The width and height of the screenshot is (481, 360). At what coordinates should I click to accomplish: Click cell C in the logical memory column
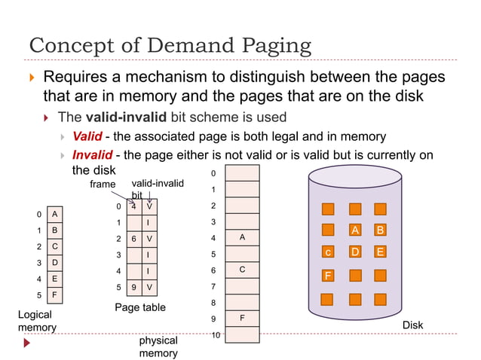[54, 246]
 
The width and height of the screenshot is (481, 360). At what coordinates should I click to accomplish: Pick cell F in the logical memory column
[54, 294]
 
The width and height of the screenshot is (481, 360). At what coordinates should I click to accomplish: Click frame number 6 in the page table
[133, 239]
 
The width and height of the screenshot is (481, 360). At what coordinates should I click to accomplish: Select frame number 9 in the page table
[133, 287]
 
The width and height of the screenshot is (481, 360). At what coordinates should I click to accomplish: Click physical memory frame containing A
[242, 237]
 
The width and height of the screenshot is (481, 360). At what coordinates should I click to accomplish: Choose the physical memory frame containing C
[242, 270]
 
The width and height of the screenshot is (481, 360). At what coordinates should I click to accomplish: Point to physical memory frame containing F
[242, 318]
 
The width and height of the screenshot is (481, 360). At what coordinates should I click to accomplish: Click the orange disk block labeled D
[355, 252]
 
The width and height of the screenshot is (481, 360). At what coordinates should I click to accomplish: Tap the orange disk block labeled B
[380, 230]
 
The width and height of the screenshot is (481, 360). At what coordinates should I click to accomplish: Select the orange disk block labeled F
[328, 276]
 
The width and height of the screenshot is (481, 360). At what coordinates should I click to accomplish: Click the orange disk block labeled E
[380, 252]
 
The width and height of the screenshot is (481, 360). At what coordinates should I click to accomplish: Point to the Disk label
[412, 325]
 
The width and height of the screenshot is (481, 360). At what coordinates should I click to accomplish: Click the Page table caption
[139, 307]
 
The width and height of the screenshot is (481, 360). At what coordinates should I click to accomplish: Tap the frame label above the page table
[103, 184]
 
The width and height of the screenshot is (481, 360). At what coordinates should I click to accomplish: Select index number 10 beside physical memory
[216, 334]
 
